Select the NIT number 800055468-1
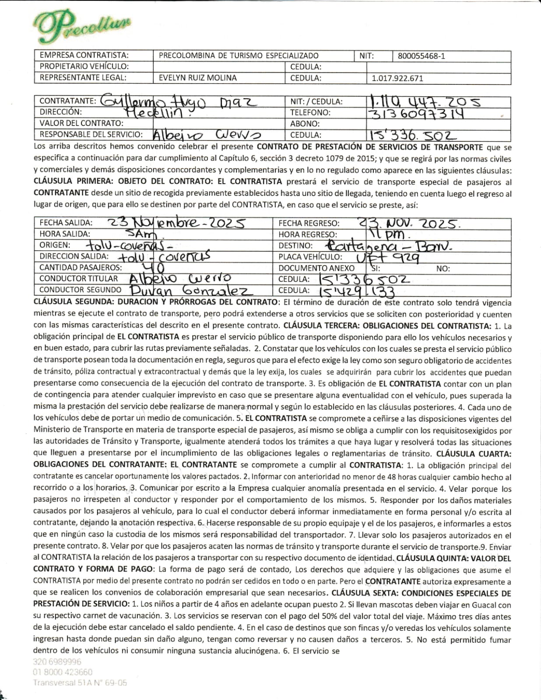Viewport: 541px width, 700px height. pyautogui.click(x=422, y=56)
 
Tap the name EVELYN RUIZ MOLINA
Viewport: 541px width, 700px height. pyautogui.click(x=197, y=78)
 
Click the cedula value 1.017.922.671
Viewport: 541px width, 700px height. pyautogui.click(x=397, y=79)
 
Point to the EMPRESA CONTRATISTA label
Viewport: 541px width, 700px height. pyautogui.click(x=84, y=55)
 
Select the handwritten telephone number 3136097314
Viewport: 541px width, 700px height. pyautogui.click(x=416, y=114)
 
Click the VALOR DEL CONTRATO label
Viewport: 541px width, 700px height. pyautogui.click(x=81, y=123)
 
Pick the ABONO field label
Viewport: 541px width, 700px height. pyautogui.click(x=305, y=124)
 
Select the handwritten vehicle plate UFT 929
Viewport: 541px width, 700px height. pyautogui.click(x=388, y=257)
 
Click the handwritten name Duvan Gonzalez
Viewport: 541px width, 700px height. pyautogui.click(x=190, y=290)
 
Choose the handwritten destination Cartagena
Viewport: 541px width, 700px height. pyautogui.click(x=365, y=245)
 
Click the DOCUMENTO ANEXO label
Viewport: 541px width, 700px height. pyautogui.click(x=316, y=268)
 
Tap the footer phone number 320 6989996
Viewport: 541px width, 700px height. pyautogui.click(x=57, y=662)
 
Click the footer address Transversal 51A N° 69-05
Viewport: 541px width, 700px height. pyautogui.click(x=80, y=682)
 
